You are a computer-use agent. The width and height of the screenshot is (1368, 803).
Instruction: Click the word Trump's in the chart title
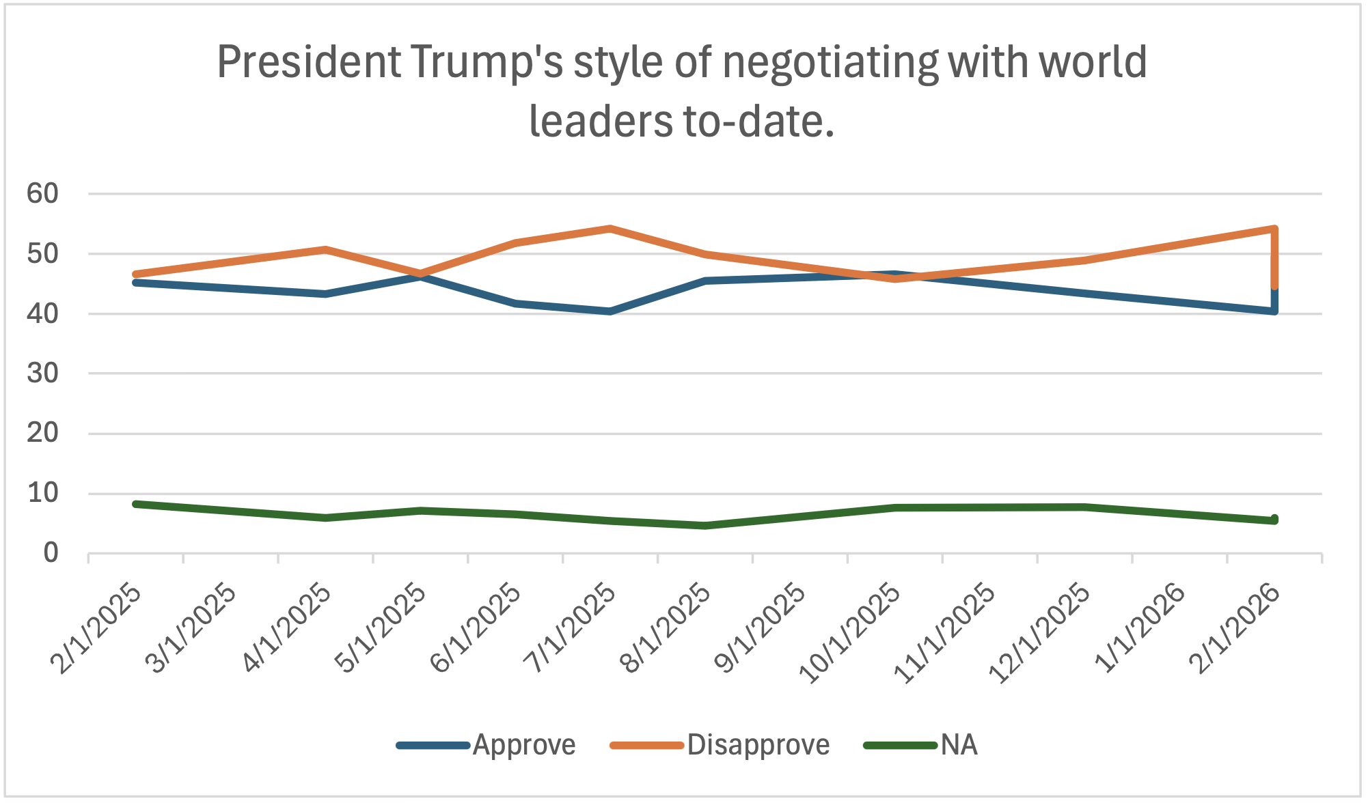click(486, 63)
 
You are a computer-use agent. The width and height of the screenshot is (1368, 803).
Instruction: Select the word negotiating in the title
click(830, 63)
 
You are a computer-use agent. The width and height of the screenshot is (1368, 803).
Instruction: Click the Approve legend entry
click(523, 745)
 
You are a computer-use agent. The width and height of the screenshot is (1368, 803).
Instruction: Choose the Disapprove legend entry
click(758, 745)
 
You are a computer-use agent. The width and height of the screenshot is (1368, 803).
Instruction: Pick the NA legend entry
click(959, 745)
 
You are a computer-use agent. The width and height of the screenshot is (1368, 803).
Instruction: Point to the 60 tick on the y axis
click(42, 194)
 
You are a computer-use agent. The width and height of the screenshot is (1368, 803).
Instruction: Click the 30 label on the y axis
click(42, 374)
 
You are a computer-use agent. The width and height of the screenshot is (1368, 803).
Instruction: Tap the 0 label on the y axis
click(51, 553)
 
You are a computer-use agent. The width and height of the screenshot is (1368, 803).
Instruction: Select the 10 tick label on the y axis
click(42, 493)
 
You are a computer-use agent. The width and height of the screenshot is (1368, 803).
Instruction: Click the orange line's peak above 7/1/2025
click(610, 229)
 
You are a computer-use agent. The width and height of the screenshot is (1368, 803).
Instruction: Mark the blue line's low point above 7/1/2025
click(610, 311)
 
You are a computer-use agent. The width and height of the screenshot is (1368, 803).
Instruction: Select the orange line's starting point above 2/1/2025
click(136, 274)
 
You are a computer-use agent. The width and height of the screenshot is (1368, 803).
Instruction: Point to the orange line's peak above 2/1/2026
click(1274, 229)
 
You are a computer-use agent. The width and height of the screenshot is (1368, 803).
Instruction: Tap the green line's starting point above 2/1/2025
click(136, 504)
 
